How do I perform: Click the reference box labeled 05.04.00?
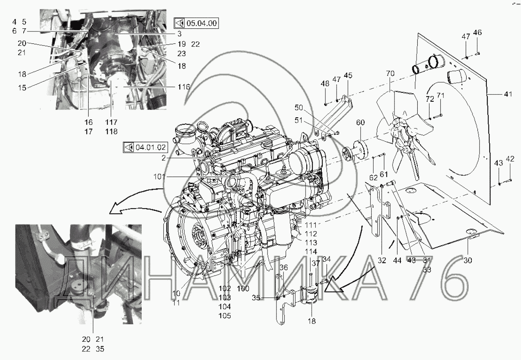pyautogui.click(x=196, y=23)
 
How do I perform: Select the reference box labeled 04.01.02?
pyautogui.click(x=145, y=147)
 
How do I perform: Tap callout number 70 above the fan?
pyautogui.click(x=390, y=73)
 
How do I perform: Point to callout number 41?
pyautogui.click(x=508, y=94)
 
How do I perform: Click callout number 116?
pyautogui.click(x=184, y=87)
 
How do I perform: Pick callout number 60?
pyautogui.click(x=360, y=122)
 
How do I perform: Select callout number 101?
pyautogui.click(x=159, y=177)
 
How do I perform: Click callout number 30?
pyautogui.click(x=467, y=260)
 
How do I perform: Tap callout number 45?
pyautogui.click(x=348, y=75)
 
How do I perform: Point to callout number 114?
pyautogui.click(x=311, y=252)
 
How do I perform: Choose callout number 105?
pyautogui.click(x=225, y=316)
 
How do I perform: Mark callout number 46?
pyautogui.click(x=477, y=33)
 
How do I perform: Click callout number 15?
pyautogui.click(x=23, y=88)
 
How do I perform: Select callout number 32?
pyautogui.click(x=382, y=261)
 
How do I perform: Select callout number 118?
pyautogui.click(x=111, y=132)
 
